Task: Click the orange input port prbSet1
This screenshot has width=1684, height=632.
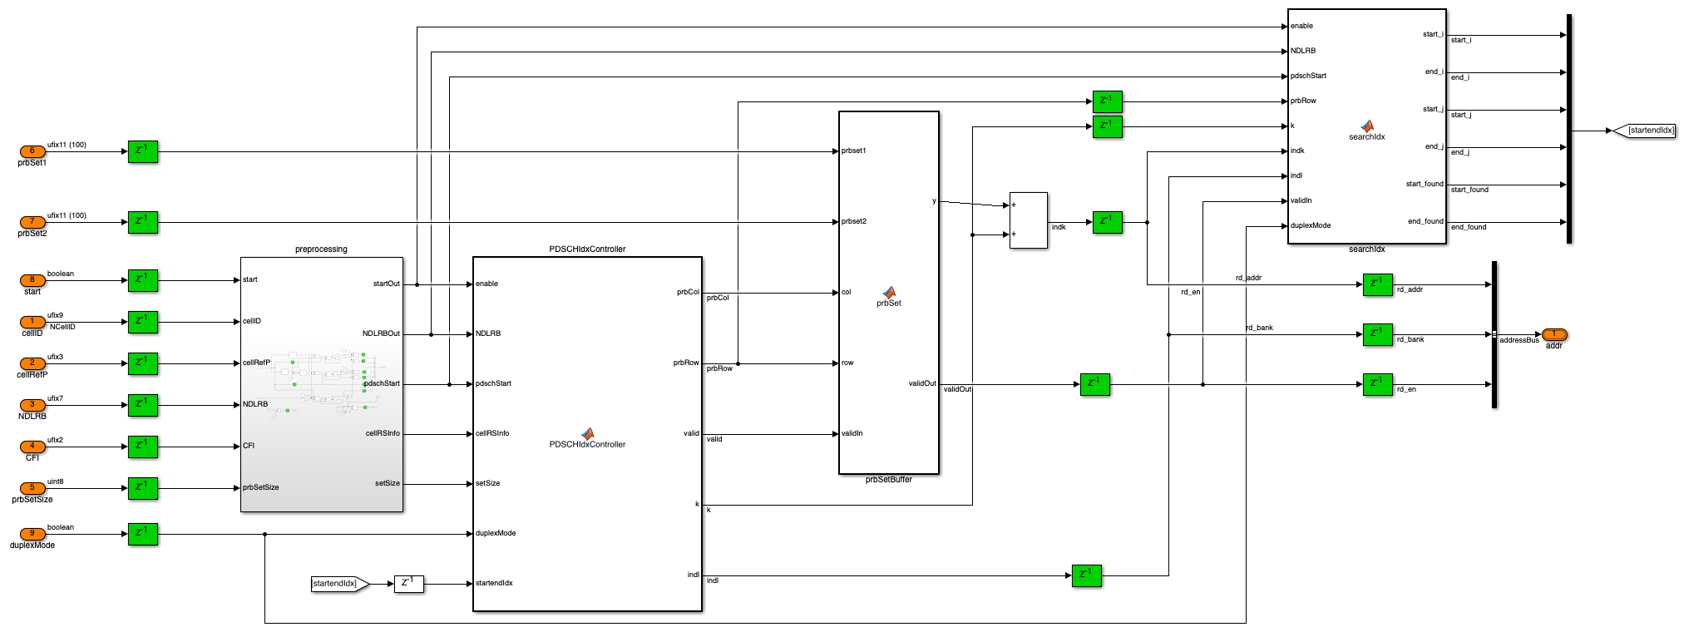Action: (32, 151)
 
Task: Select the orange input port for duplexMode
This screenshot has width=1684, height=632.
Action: (32, 534)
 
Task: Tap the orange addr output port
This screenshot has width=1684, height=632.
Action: (1553, 334)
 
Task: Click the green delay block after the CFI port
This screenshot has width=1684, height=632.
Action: (143, 447)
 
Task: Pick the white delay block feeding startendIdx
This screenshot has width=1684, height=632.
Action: (408, 584)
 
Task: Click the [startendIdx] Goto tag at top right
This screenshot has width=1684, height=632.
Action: (1644, 131)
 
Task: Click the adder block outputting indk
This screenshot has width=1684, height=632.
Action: (1028, 220)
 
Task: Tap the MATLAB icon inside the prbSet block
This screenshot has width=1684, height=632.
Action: (889, 293)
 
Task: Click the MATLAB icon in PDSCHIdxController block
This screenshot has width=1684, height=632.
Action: (587, 433)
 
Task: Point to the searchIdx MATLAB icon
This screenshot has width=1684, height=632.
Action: (1366, 126)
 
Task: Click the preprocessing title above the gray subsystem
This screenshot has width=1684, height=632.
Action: (321, 249)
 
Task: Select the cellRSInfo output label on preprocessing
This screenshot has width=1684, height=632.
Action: (383, 433)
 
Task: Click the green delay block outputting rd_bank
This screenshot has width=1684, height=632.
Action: (1378, 334)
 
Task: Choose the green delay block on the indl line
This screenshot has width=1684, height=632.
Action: (1087, 575)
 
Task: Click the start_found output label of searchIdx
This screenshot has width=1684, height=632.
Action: (1425, 184)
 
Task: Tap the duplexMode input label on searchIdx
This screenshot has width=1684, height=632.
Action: (1311, 225)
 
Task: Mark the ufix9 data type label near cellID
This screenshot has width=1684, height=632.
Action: (55, 315)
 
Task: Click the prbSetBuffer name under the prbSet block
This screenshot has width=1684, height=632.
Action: (889, 480)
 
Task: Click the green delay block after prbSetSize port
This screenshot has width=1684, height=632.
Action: (143, 488)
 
